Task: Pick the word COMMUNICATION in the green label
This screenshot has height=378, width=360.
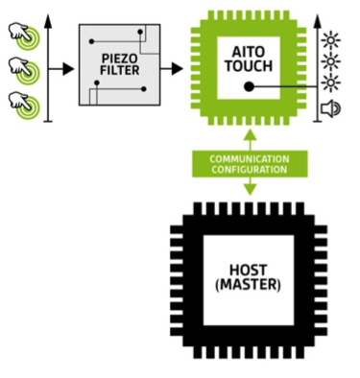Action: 251,157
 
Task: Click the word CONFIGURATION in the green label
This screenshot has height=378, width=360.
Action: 251,168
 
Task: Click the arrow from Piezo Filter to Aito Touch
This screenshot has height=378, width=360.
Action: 175,68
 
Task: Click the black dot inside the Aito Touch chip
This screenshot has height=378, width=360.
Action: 250,85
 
